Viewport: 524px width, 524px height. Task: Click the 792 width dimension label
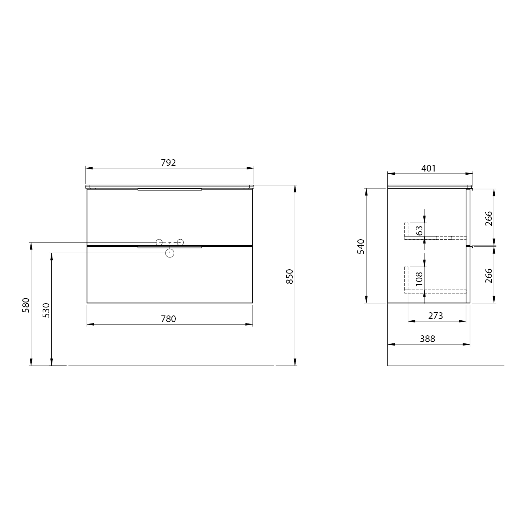point(168,163)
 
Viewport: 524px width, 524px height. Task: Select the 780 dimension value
point(168,319)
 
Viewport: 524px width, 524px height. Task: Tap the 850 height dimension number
point(290,276)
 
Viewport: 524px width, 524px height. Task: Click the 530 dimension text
point(46,310)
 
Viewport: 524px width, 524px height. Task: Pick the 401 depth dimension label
point(429,168)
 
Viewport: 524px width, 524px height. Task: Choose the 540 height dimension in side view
point(361,246)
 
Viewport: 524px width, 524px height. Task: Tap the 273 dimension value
point(435,316)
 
